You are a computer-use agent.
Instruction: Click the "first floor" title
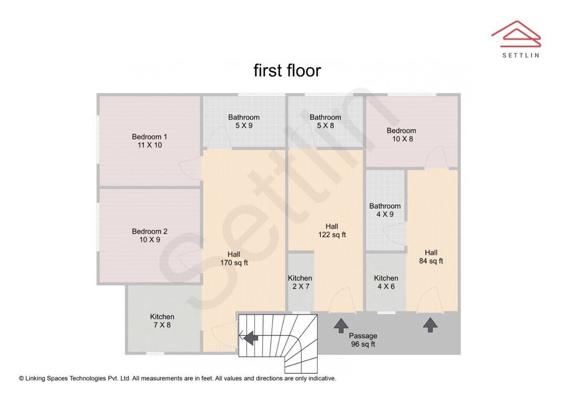click(287, 70)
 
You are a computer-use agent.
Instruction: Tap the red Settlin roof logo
click(516, 34)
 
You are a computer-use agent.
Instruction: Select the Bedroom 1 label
click(149, 141)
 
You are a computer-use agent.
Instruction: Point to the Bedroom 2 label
click(149, 235)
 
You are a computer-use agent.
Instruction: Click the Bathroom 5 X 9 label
click(244, 121)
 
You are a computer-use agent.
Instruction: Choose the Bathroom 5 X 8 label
click(325, 121)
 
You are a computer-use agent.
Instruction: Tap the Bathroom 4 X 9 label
click(385, 210)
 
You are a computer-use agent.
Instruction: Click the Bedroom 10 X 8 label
click(402, 135)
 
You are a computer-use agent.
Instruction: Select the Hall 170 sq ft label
click(234, 259)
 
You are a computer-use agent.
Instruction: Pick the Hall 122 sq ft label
click(332, 231)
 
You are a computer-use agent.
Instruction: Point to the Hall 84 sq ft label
click(431, 257)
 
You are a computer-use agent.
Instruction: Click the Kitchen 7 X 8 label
click(162, 321)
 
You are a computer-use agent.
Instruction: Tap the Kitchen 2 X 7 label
click(300, 282)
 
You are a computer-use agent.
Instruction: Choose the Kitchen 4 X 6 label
click(386, 282)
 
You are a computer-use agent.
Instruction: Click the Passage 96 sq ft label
click(363, 340)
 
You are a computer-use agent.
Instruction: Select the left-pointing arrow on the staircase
click(250, 339)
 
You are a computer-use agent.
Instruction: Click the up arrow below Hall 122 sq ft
click(341, 325)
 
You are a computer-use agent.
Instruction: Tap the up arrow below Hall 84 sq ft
click(430, 325)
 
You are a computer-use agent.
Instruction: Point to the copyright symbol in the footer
click(22, 378)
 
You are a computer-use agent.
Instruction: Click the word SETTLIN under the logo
click(521, 55)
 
